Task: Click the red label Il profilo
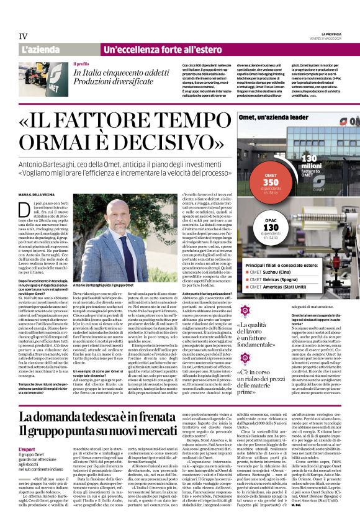point(81,63)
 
